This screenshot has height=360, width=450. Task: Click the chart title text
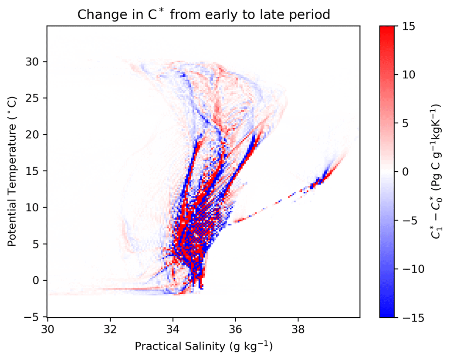[x=204, y=14]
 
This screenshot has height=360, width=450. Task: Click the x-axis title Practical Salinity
[x=203, y=346]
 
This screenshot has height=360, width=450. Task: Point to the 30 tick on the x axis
[x=47, y=327]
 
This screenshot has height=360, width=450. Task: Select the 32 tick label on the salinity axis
[x=110, y=327]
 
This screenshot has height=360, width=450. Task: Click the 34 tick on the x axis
[x=173, y=327]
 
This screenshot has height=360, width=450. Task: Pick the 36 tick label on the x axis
[x=235, y=327]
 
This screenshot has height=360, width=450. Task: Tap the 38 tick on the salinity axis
[x=298, y=327]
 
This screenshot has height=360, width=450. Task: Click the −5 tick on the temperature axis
[x=36, y=316]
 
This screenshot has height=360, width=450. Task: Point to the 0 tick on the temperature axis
[x=39, y=280]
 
